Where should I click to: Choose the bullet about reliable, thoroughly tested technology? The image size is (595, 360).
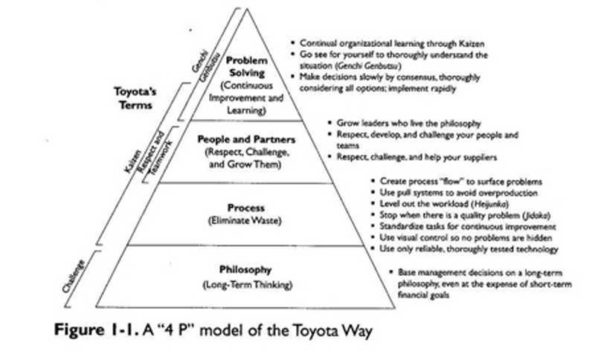tap(469, 249)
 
